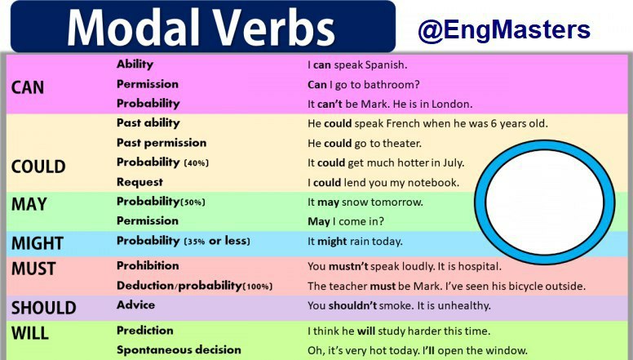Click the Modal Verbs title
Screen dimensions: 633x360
pos(201,28)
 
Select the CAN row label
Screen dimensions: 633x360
pos(28,87)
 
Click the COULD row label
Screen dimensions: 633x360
pos(38,167)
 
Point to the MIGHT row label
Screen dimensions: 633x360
pos(38,243)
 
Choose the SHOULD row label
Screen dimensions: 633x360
pos(43,308)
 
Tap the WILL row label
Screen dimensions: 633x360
pos(30,333)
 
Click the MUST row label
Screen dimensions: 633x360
pos(33,269)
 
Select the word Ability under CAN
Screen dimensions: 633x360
pos(135,64)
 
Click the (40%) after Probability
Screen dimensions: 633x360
pos(197,162)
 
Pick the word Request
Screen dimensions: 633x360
pos(139,182)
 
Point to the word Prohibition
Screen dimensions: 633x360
pos(148,265)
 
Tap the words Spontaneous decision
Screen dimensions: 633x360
pos(179,350)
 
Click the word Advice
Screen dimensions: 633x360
pos(135,304)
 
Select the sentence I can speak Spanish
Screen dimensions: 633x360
pos(357,64)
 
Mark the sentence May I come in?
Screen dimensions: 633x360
pos(346,221)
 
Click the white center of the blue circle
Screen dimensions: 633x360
pos(545,202)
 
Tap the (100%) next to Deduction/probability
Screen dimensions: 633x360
pos(257,287)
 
